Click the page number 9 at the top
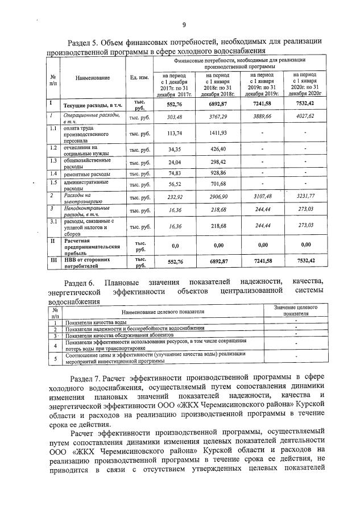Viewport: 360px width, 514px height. [x=184, y=24]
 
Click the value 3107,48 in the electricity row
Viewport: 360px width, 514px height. [x=262, y=196]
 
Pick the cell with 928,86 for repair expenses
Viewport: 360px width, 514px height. [x=217, y=173]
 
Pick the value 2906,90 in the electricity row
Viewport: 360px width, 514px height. [x=217, y=197]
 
